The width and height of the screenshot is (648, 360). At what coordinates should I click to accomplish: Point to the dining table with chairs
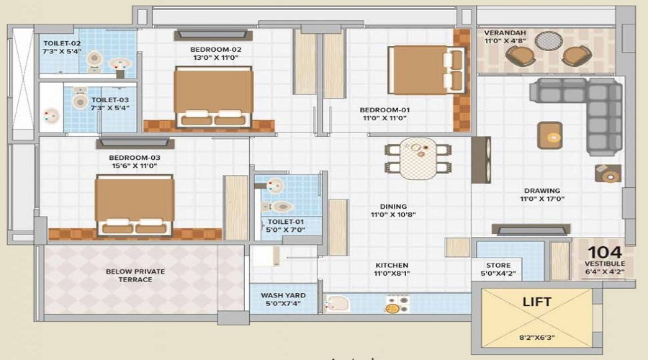click(418, 158)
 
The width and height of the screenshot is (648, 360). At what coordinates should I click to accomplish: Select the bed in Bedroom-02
click(214, 98)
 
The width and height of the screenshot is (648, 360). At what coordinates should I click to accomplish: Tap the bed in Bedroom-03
click(135, 205)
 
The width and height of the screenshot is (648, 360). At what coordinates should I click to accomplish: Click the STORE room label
click(498, 265)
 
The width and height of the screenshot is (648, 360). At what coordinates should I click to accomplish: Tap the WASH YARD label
click(283, 295)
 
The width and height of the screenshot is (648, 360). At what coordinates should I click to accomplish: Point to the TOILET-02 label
click(61, 43)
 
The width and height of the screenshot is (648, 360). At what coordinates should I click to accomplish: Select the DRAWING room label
click(542, 192)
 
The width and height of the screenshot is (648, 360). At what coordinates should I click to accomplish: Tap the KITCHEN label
click(392, 265)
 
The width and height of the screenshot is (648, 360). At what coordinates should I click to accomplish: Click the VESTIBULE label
click(603, 264)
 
